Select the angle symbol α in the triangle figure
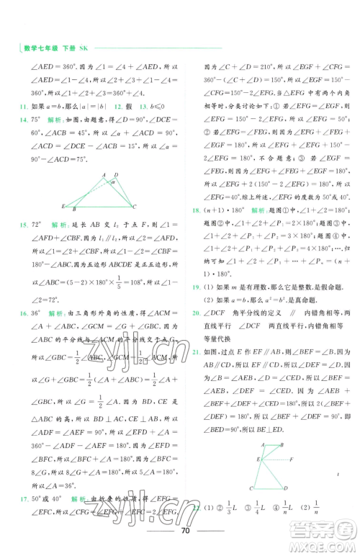(112, 182)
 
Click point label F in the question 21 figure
(290, 459)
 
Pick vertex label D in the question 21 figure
(285, 489)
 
